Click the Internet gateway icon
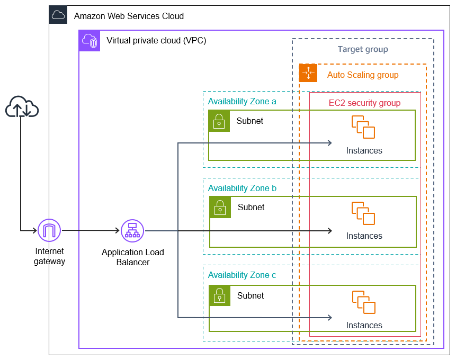coord(49,230)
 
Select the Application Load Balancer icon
coord(132,230)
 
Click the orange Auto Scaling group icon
coord(308,73)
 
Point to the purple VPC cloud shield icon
coord(90,41)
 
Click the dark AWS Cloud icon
coord(58,15)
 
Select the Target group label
coord(363,49)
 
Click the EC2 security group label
coord(364,103)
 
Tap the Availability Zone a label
coord(242,101)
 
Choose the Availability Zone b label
coord(242,188)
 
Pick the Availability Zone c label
coord(242,275)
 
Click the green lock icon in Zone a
coord(219,121)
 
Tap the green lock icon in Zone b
coord(220,207)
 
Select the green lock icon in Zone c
coord(219,295)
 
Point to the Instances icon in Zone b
coord(363,213)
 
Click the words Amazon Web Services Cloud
coord(129,16)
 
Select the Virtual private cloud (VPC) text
coord(156,40)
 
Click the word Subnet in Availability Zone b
coord(251,207)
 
